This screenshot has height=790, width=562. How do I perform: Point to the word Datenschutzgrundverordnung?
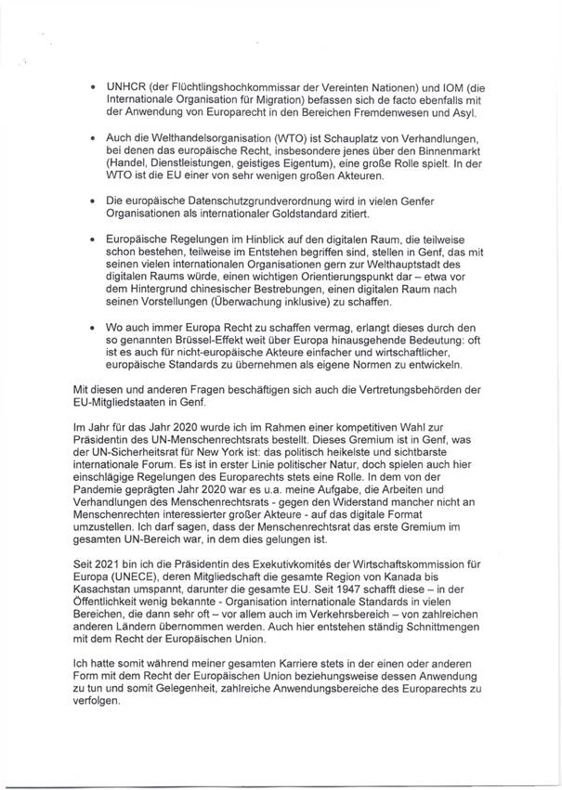point(283,200)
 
